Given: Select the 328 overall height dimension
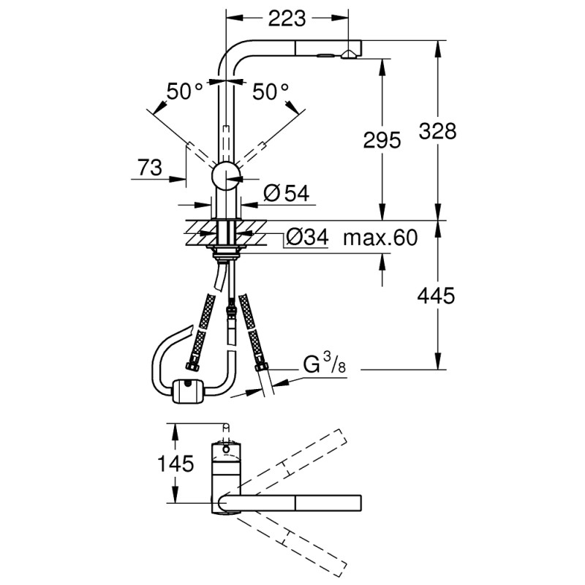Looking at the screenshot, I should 437,131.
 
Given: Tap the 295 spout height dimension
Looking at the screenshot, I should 381,141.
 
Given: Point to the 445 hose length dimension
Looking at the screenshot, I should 437,295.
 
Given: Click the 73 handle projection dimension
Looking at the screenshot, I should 149,167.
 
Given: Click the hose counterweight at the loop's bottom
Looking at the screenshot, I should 189,391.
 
